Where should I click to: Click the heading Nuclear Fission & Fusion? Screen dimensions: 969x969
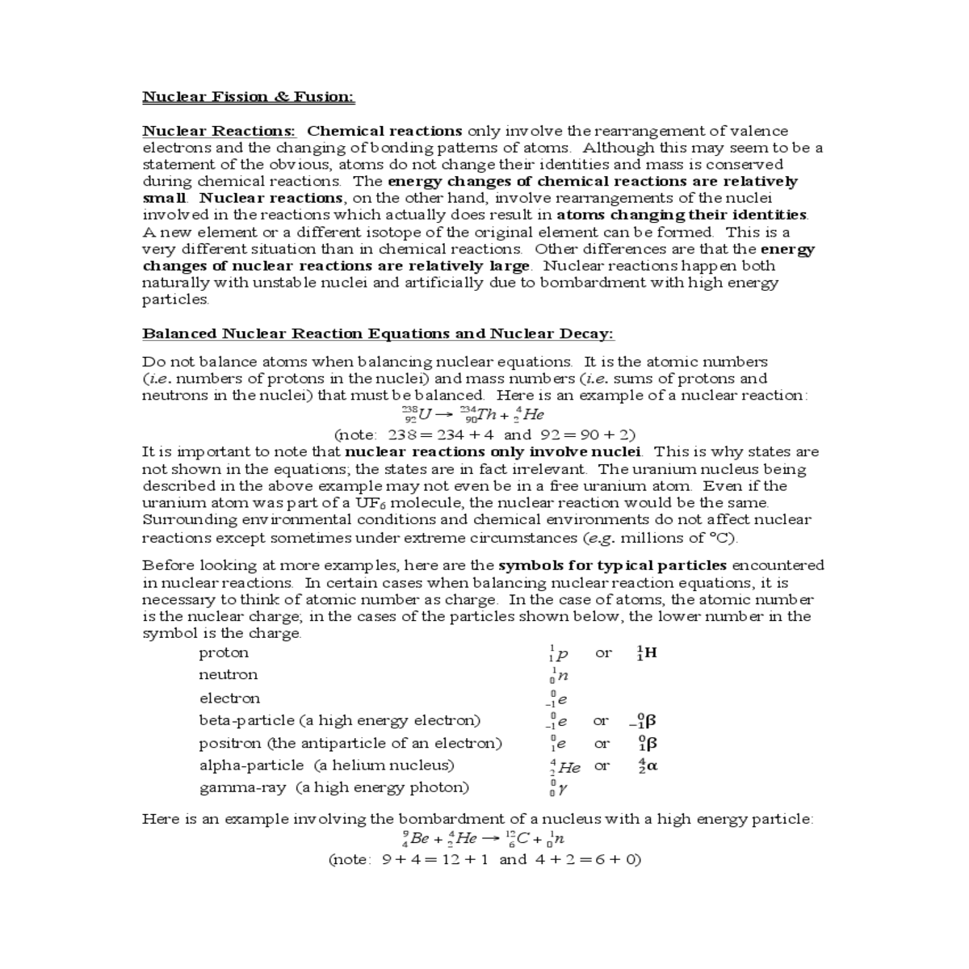click(x=248, y=97)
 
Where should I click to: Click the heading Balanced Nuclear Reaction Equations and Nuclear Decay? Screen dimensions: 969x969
click(x=378, y=333)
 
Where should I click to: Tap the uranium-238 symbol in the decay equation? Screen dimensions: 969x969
click(x=417, y=415)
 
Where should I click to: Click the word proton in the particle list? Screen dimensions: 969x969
click(x=224, y=652)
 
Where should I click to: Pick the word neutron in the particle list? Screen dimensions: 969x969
click(x=229, y=674)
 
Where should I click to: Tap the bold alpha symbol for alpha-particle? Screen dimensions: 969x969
click(x=648, y=766)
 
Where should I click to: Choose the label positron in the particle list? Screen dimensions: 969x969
click(x=230, y=743)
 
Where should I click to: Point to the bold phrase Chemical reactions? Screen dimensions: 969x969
click(x=384, y=131)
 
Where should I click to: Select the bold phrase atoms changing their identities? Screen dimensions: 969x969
click(x=682, y=215)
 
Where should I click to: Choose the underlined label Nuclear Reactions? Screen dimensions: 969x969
click(x=219, y=131)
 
